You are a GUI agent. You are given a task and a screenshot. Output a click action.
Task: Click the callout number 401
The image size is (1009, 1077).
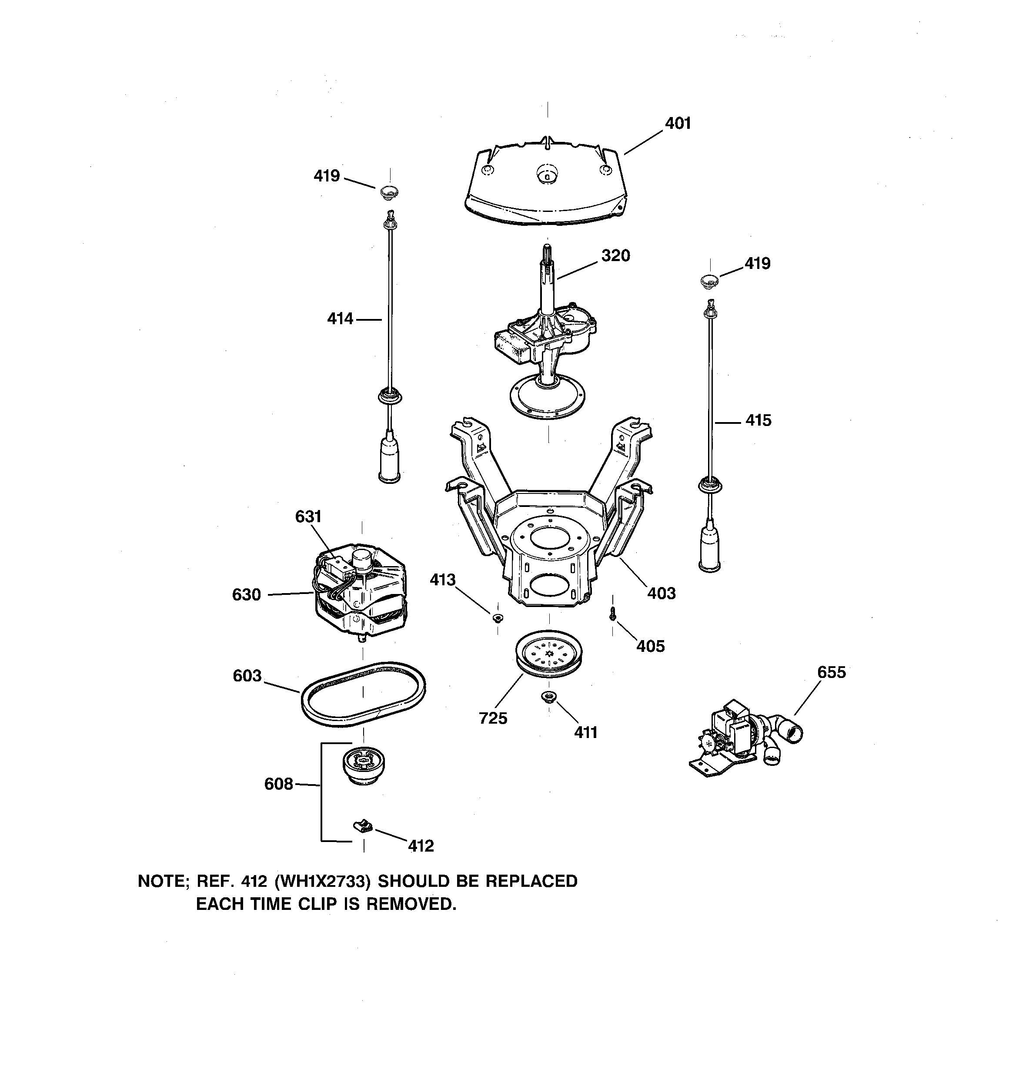(678, 124)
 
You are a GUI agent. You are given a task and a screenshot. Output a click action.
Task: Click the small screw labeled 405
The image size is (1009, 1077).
(612, 613)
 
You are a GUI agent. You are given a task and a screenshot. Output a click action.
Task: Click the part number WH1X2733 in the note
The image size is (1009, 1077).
(322, 882)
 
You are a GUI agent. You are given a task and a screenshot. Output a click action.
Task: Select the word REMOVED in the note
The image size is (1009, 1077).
(411, 904)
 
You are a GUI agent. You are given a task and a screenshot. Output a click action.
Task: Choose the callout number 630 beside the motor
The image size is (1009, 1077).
(247, 595)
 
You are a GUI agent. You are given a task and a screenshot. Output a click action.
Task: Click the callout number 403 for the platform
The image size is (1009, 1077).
(662, 593)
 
